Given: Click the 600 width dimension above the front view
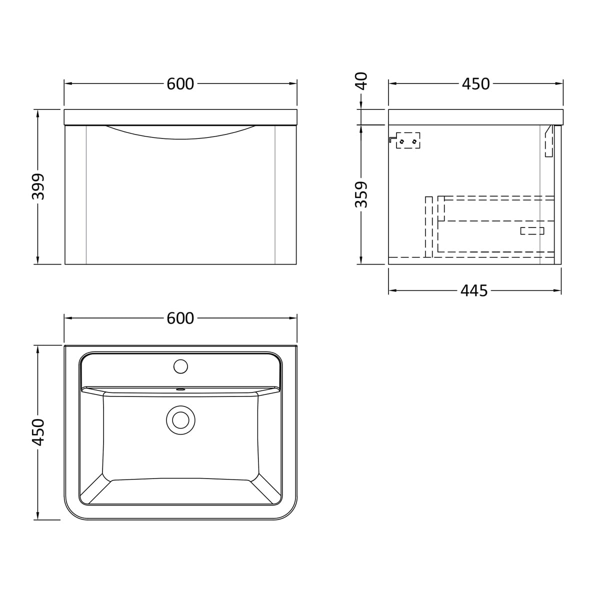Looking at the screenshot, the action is [180, 84].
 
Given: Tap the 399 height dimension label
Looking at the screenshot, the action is [39, 186].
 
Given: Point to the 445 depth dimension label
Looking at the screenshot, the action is [474, 291].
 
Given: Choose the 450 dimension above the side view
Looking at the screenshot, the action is [476, 84].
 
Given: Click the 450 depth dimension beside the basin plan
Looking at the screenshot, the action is [39, 432].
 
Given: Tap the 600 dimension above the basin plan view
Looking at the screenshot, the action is [180, 318].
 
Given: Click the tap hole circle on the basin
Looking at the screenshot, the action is [180, 366].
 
